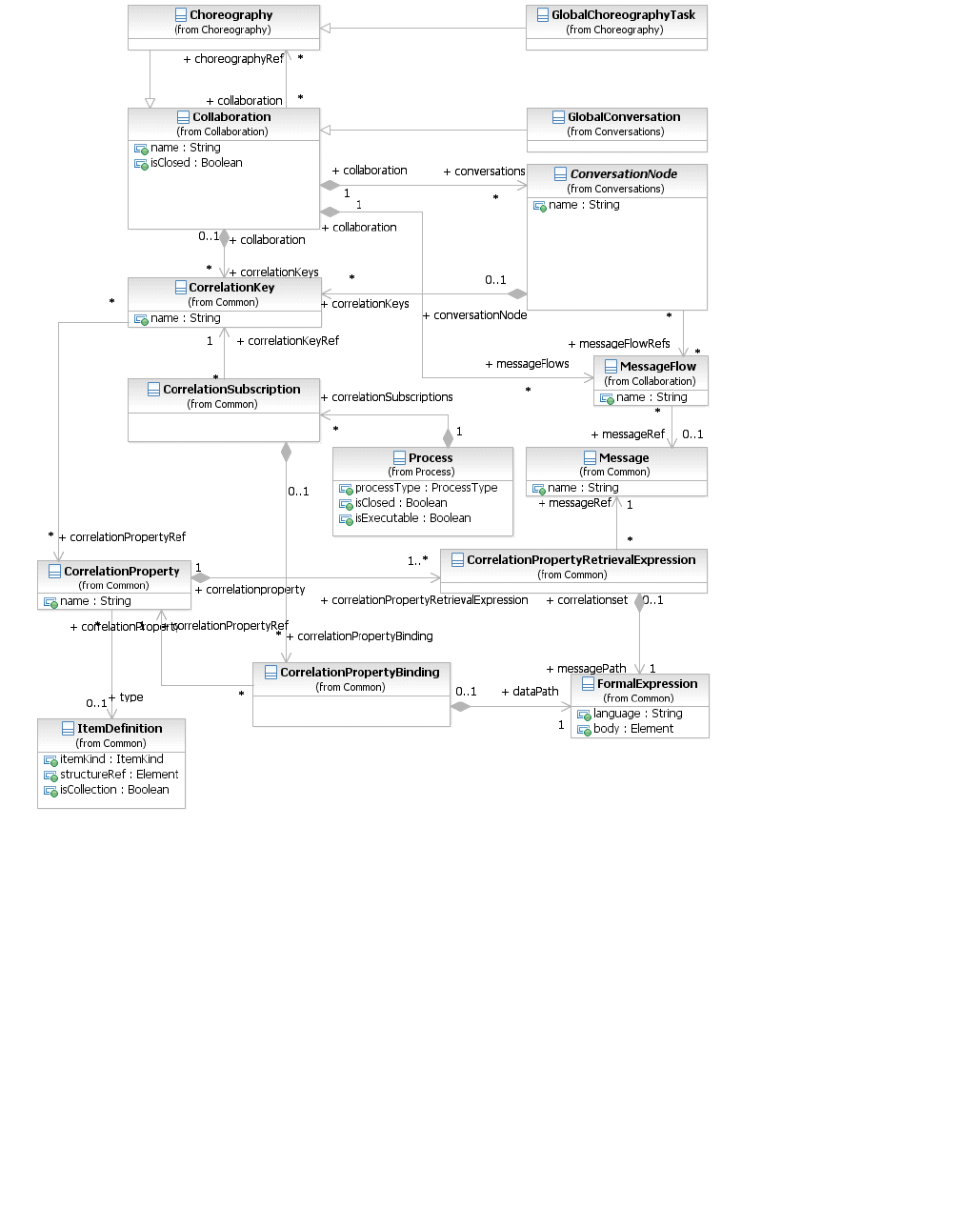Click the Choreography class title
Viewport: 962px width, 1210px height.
230,15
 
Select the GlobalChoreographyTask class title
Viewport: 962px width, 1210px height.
623,15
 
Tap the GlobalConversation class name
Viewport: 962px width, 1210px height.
624,117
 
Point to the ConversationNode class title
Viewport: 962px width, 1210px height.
623,174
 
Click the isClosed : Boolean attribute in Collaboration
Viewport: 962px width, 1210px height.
196,163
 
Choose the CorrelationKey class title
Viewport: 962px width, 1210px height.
231,288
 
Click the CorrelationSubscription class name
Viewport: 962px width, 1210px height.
231,390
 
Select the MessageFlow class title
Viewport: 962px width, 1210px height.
657,367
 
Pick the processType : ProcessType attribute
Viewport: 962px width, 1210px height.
426,488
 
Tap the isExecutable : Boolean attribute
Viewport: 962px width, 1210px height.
412,518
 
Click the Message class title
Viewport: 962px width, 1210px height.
624,458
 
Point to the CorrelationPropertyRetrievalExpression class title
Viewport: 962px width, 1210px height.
581,560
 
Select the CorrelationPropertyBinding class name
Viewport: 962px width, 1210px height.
359,673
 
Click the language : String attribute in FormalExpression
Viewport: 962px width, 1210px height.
637,714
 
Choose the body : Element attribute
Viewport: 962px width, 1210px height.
632,729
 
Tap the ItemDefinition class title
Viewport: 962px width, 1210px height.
119,729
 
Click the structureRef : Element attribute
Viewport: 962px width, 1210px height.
119,775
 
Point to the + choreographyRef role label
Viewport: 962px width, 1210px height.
233,59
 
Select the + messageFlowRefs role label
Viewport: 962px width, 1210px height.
619,344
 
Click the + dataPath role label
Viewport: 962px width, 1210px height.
530,692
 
